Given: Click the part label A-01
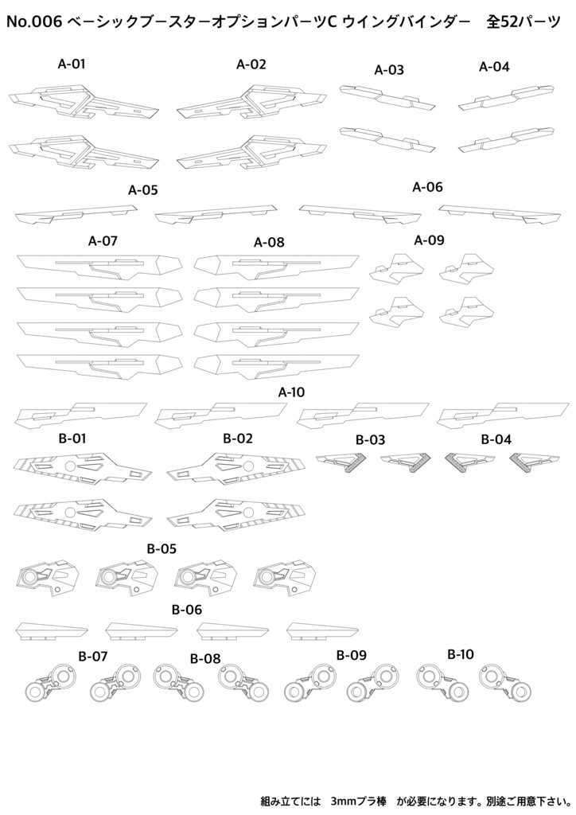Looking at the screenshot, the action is coord(71,64).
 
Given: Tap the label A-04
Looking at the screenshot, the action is coord(494,67).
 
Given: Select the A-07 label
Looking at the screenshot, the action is coord(103,240).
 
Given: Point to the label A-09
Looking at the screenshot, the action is coord(429,240).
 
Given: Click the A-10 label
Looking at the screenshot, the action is coord(291,392).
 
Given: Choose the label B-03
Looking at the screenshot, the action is coord(370,439).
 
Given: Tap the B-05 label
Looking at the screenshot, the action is coord(162,548).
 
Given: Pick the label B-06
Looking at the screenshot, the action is coord(187,609).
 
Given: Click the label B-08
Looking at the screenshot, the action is coord(205,659).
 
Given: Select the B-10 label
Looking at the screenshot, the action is coord(461,654).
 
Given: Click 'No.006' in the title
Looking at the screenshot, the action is coord(34,21).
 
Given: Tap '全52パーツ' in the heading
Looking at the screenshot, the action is coord(523,21).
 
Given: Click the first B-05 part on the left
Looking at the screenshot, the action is coord(48,577).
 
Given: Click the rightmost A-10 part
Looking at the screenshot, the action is coord(503,414).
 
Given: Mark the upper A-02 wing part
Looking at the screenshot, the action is coord(251,102).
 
